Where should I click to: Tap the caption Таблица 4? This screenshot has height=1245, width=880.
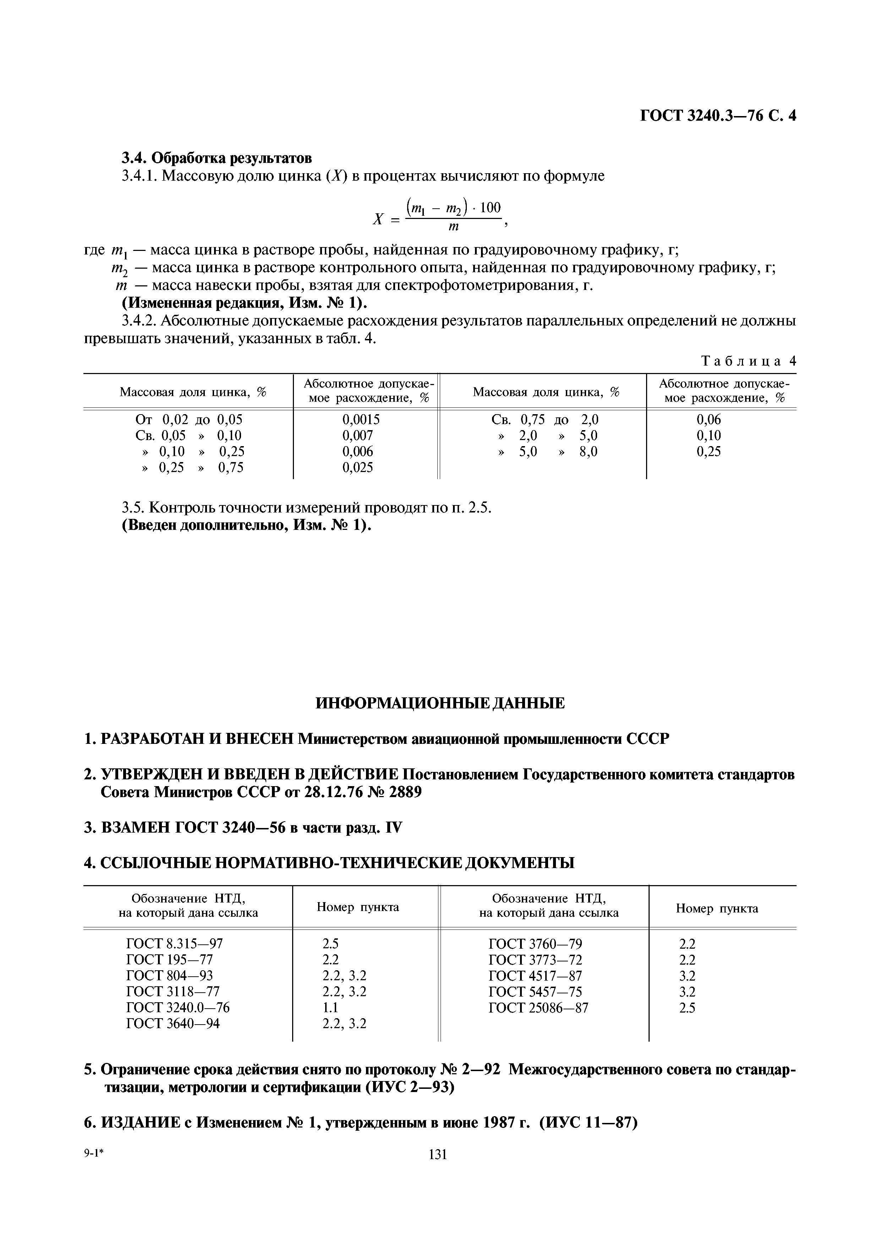pyautogui.click(x=748, y=361)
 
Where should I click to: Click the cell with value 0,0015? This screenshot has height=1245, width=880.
pyautogui.click(x=361, y=419)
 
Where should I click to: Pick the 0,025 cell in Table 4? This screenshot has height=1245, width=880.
pyautogui.click(x=357, y=467)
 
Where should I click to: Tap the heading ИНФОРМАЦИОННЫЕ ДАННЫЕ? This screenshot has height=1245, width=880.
pyautogui.click(x=440, y=704)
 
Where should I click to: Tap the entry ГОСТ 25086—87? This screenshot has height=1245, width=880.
pyautogui.click(x=538, y=1008)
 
